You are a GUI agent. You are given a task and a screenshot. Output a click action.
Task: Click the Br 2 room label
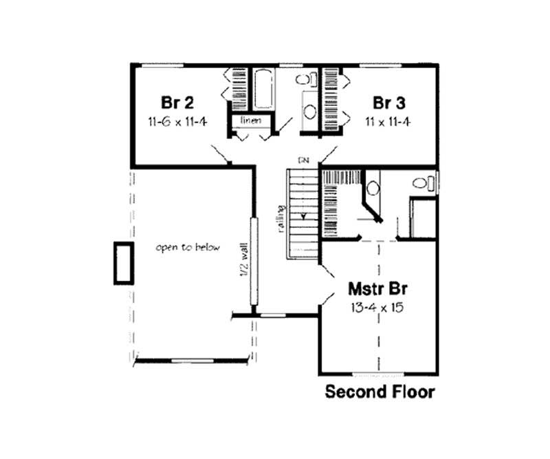177,103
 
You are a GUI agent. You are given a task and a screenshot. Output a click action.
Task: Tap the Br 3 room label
389,103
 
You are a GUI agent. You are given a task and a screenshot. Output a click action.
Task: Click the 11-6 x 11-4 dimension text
177,122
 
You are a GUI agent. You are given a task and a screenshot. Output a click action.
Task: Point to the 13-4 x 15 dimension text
375,307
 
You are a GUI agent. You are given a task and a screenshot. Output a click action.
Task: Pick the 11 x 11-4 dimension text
390,122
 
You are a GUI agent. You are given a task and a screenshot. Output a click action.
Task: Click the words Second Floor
379,392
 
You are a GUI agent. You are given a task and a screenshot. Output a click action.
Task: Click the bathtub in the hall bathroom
262,89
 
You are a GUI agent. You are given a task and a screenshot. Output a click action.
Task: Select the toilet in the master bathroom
423,183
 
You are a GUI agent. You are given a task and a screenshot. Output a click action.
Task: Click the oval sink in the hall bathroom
309,111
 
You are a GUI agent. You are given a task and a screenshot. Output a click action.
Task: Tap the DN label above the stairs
302,160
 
